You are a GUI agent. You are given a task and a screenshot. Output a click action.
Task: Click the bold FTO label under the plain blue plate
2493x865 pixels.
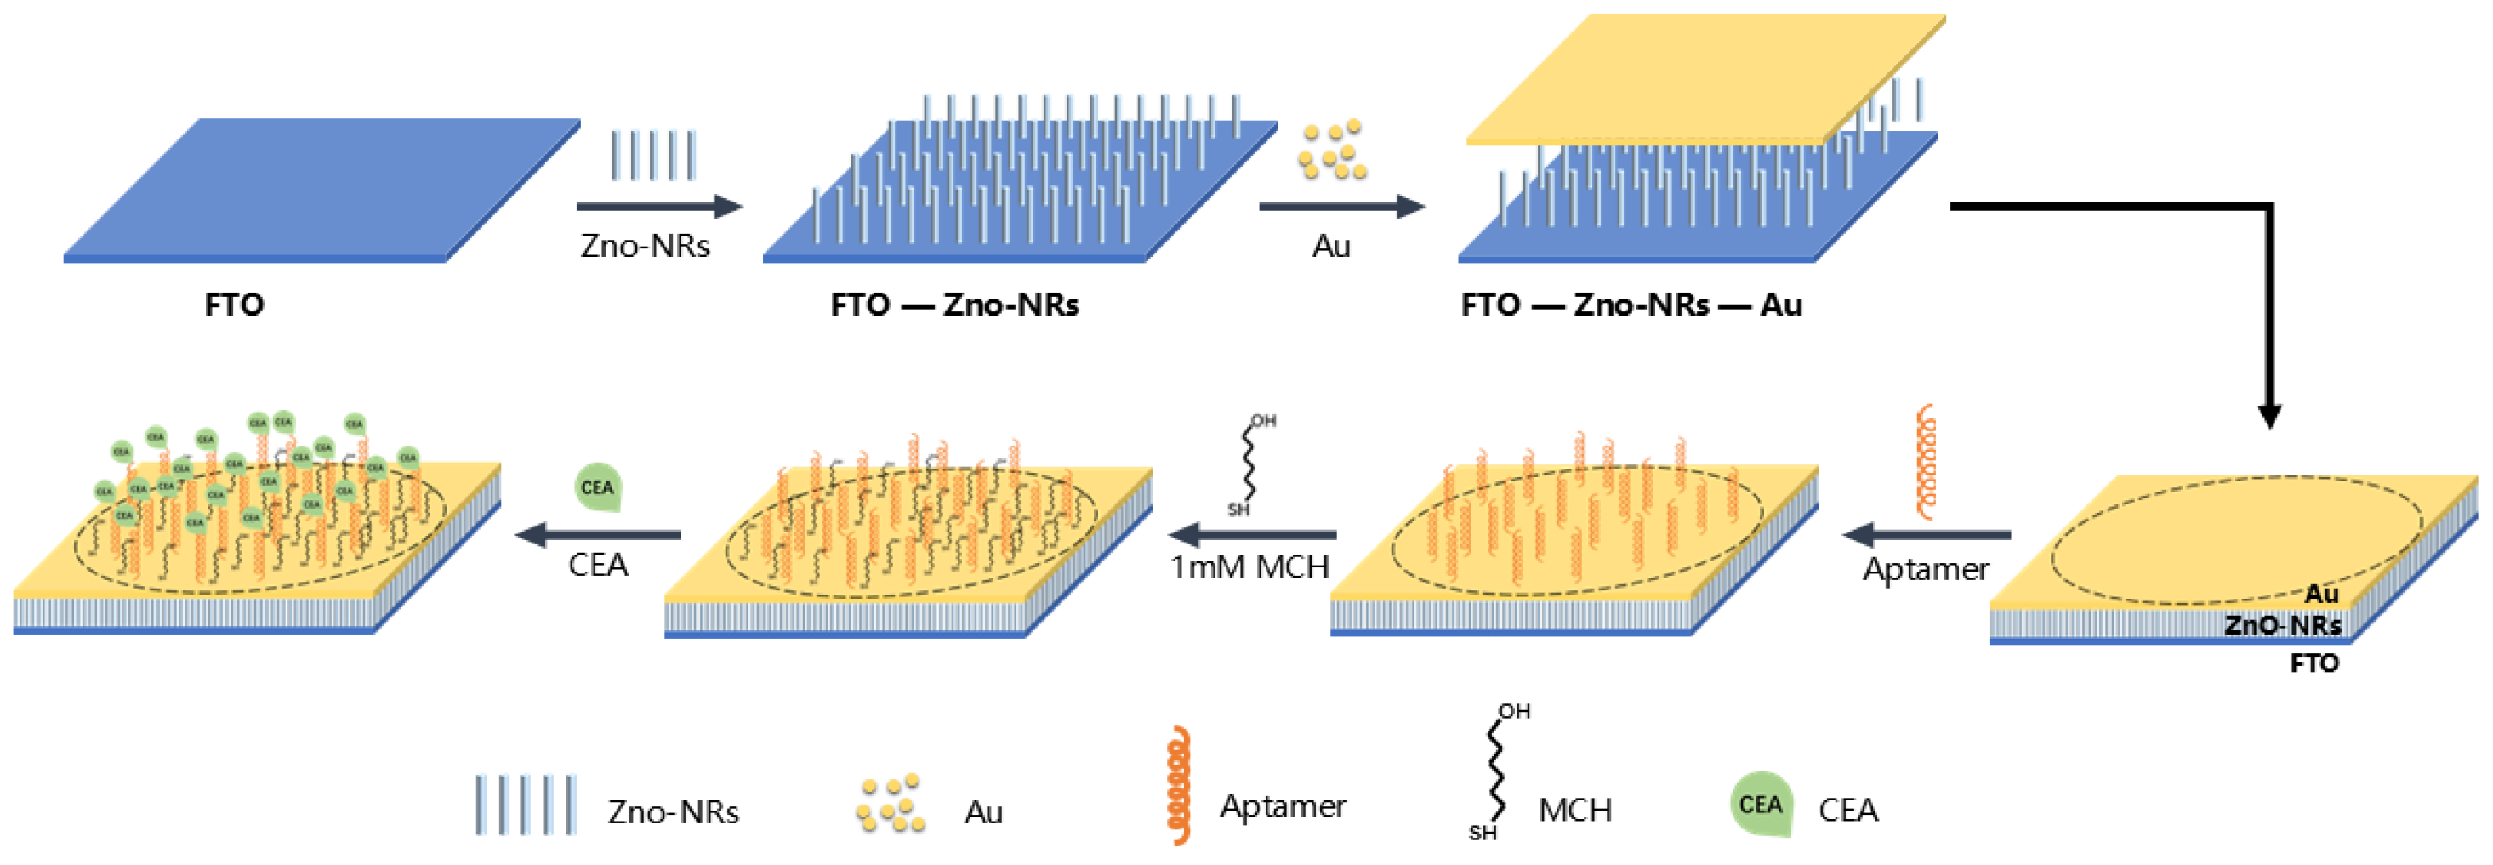pyautogui.click(x=234, y=304)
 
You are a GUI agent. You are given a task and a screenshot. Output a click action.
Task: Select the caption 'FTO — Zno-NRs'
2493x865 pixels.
pyautogui.click(x=954, y=304)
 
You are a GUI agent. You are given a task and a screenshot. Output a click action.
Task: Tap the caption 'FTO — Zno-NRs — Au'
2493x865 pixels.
pyautogui.click(x=1631, y=304)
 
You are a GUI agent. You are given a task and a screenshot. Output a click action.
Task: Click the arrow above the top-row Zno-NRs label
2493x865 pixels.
pyautogui.click(x=659, y=206)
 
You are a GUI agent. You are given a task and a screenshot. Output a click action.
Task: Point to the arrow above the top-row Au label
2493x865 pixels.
pyautogui.click(x=1341, y=206)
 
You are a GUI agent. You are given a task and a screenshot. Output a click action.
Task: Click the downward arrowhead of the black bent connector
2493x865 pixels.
pyautogui.click(x=2269, y=415)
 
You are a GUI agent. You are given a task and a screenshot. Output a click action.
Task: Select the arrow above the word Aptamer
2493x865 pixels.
pyautogui.click(x=1926, y=534)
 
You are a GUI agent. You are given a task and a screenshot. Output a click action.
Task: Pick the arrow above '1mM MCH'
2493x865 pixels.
pyautogui.click(x=1252, y=534)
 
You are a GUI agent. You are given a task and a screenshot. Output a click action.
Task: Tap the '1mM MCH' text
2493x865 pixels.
pyautogui.click(x=1249, y=567)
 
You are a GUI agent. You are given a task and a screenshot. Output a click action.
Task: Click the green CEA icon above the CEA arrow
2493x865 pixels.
pyautogui.click(x=598, y=487)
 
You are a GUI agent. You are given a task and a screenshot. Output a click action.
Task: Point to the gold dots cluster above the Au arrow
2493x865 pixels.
pyautogui.click(x=1333, y=151)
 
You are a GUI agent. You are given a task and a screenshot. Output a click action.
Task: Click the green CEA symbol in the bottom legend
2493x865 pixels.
pyautogui.click(x=1761, y=804)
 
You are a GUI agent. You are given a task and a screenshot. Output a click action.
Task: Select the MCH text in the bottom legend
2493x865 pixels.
pyautogui.click(x=1574, y=810)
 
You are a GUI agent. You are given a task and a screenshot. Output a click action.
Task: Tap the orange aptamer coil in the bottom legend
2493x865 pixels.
pyautogui.click(x=1177, y=786)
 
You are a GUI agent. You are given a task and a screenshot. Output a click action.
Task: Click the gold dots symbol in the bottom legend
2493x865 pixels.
pyautogui.click(x=891, y=804)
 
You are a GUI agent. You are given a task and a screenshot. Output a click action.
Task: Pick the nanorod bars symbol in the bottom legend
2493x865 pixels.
pyautogui.click(x=526, y=804)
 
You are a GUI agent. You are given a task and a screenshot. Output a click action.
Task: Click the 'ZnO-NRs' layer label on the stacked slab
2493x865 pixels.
pyautogui.click(x=2282, y=625)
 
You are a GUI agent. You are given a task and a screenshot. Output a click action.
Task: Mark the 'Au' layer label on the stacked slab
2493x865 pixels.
pyautogui.click(x=2320, y=593)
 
